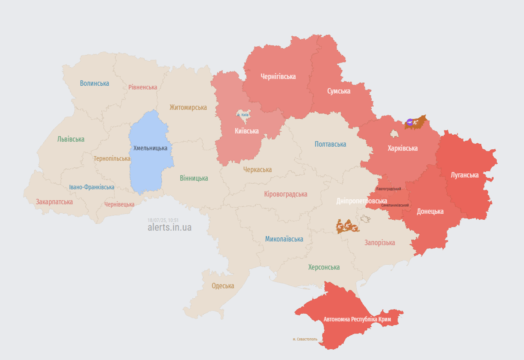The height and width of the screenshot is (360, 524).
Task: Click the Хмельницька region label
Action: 150,148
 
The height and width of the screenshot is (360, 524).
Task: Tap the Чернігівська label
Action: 278,77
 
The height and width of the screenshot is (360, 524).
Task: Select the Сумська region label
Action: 338,91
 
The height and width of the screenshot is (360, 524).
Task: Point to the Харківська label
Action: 402,149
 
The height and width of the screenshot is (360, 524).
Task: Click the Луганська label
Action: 464,175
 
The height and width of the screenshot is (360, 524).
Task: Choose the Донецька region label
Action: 430,211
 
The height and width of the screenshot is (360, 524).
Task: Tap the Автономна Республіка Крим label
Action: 357,319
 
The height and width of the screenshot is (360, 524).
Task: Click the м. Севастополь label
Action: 305,339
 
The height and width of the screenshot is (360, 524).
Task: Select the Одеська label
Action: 223,286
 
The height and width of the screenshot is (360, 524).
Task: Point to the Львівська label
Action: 71,139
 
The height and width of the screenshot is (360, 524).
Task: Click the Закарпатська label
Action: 54,202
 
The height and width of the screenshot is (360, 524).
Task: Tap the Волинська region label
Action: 94,83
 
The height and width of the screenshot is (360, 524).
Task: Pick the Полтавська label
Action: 330,144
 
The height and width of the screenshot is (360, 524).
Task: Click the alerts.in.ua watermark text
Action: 170,228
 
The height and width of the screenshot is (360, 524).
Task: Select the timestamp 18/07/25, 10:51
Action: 163,220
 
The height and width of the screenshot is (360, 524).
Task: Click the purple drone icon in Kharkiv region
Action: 410,122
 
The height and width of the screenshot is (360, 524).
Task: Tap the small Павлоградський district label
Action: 389,189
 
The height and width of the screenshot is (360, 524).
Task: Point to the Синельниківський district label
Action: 395,205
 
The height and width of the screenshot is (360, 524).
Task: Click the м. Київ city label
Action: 243,115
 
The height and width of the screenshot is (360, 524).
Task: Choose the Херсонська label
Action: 324,267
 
